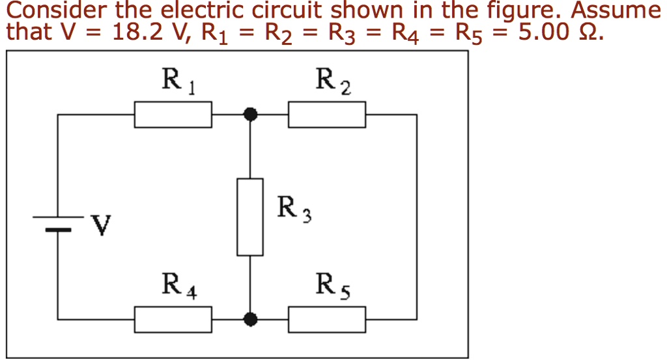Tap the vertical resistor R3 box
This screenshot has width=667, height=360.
coord(250,217)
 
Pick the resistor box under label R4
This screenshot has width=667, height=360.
coord(173,319)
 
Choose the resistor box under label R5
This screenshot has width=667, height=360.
coord(327,319)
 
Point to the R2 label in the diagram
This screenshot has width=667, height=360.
coord(333,81)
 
